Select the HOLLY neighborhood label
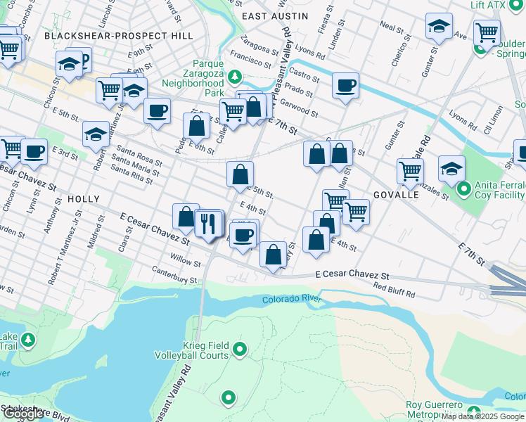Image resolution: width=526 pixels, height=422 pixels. [83, 200]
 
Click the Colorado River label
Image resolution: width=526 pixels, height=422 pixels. [292, 300]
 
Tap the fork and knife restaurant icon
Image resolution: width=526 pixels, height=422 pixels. [207, 224]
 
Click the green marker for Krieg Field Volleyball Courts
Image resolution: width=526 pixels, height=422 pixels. [240, 349]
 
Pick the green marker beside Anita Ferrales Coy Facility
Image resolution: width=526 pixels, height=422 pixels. [463, 188]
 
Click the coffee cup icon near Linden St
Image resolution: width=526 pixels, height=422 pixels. [345, 86]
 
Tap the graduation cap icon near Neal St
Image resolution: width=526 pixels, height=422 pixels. [439, 27]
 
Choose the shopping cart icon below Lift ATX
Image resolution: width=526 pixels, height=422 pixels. [487, 32]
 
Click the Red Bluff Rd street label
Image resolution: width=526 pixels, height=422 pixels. [394, 290]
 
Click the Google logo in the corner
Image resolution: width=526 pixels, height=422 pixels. [24, 414]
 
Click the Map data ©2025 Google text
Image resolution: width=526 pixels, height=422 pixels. [482, 416]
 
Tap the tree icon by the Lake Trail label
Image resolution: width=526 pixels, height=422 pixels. [27, 340]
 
